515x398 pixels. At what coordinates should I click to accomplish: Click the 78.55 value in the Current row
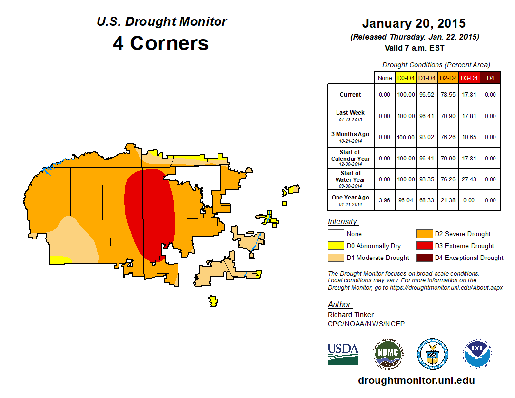click(447, 95)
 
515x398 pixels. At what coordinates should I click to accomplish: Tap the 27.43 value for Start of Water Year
click(469, 179)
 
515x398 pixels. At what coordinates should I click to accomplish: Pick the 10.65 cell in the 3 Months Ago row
click(469, 137)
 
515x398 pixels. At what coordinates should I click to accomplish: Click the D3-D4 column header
click(469, 78)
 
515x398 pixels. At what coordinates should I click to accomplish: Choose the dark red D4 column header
click(490, 78)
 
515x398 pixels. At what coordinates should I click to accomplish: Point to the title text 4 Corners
click(161, 43)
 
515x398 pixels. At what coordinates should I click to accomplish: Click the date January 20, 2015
click(414, 23)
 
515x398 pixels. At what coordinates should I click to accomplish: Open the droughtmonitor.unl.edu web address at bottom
click(416, 380)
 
